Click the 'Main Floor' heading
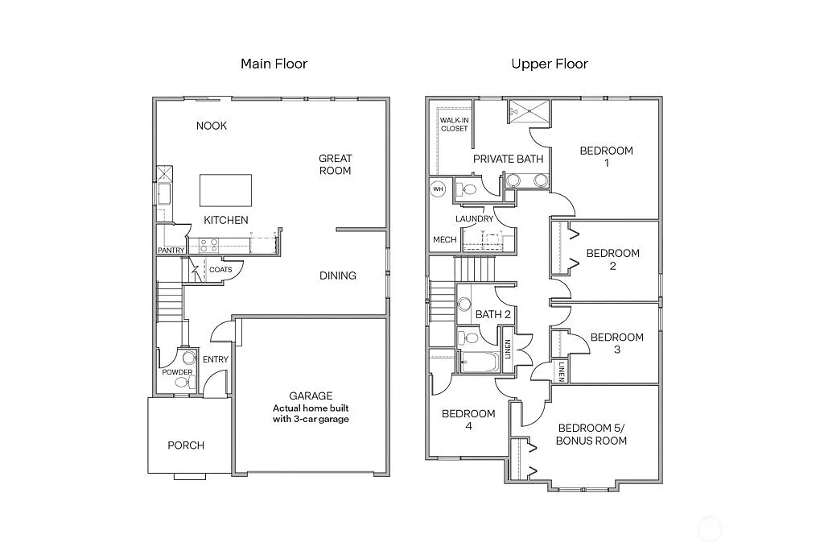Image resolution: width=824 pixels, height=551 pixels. click(x=274, y=64)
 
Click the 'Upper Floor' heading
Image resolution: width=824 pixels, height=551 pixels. click(x=550, y=64)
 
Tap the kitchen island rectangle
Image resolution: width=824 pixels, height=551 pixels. click(x=225, y=190)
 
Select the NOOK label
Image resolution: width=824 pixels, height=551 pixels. click(x=212, y=126)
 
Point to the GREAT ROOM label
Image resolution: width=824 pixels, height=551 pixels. click(x=335, y=164)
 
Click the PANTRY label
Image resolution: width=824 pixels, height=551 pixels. click(x=171, y=251)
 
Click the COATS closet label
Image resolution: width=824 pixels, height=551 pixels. click(x=220, y=270)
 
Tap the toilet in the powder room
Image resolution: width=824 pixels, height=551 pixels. click(x=189, y=358)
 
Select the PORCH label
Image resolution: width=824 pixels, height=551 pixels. click(x=186, y=445)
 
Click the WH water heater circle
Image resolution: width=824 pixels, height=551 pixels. click(x=439, y=189)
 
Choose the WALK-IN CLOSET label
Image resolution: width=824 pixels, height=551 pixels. click(x=454, y=124)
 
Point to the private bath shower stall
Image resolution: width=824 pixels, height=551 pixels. click(x=529, y=111)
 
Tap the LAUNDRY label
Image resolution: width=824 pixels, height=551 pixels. click(x=474, y=219)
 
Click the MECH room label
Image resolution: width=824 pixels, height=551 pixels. click(x=445, y=240)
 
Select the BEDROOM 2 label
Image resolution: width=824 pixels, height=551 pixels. click(x=612, y=259)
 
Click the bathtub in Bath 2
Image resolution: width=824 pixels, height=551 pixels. click(x=478, y=362)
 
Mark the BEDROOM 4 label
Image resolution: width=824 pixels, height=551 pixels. click(x=468, y=420)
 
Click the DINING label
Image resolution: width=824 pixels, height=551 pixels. click(x=338, y=275)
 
